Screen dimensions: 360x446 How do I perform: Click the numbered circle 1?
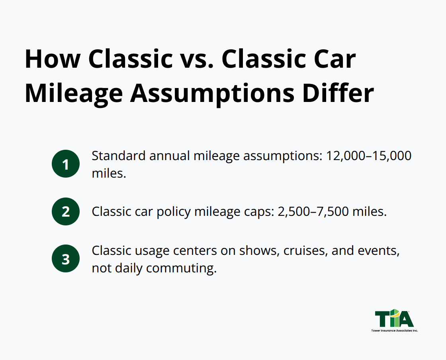[x=66, y=164]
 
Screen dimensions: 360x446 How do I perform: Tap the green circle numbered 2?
[x=66, y=211]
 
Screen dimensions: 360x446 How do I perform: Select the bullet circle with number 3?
[x=66, y=259]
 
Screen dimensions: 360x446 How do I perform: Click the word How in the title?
[x=52, y=59]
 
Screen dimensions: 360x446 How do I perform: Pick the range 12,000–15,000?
[x=369, y=156]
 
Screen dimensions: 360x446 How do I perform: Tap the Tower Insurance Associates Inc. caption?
[x=394, y=331]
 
